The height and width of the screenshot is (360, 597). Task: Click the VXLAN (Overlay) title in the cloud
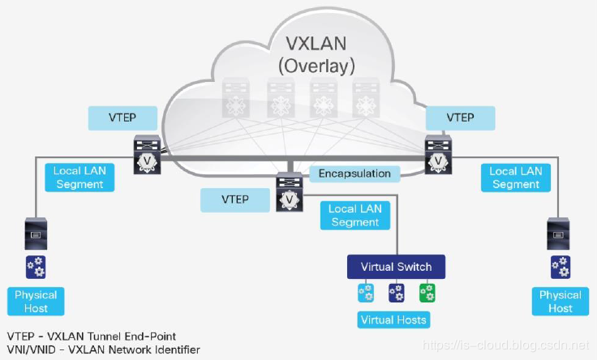click(320, 53)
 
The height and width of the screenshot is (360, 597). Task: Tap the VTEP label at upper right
click(461, 118)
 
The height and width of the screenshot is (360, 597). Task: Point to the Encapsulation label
click(354, 173)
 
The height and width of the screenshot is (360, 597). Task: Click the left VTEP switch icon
click(148, 153)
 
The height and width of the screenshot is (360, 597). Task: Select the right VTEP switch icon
click(437, 153)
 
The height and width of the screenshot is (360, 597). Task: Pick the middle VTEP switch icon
click(290, 192)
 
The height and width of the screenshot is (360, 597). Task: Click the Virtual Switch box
click(397, 267)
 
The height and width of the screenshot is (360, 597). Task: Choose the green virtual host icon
click(427, 292)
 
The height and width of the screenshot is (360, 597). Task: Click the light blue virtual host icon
click(366, 292)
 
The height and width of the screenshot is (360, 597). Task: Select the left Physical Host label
click(37, 302)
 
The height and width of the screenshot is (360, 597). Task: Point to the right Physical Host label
click(560, 302)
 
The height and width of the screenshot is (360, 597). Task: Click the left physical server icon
click(36, 235)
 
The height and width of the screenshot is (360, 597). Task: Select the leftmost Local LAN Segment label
click(79, 178)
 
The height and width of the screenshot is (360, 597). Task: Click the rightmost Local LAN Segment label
click(515, 178)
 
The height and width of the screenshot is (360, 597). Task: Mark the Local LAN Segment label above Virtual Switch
click(354, 216)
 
